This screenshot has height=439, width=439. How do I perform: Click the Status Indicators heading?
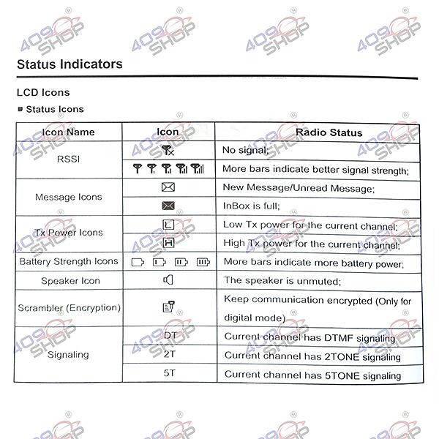click(x=70, y=64)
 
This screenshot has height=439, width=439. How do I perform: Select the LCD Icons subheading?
click(x=43, y=93)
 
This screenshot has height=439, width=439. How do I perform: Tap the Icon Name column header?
click(x=68, y=132)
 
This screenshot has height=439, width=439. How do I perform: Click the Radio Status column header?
click(x=318, y=132)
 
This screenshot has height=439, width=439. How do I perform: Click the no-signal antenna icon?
click(x=168, y=151)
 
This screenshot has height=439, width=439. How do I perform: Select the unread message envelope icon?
click(x=168, y=187)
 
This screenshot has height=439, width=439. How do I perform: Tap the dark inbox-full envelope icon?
click(x=168, y=206)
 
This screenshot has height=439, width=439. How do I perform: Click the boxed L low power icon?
click(x=168, y=225)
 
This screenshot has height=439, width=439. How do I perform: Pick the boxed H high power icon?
click(x=168, y=243)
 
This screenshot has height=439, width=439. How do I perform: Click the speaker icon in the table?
click(x=168, y=279)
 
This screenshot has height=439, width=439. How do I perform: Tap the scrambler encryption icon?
click(x=168, y=308)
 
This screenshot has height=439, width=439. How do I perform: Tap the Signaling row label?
click(x=68, y=355)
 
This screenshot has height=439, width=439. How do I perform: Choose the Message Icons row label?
click(x=68, y=197)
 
